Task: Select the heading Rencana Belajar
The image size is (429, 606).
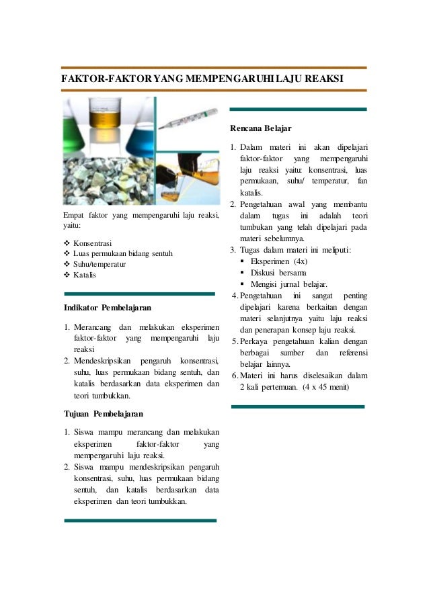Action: click(x=260, y=128)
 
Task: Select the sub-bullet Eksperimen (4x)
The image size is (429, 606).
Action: click(x=278, y=261)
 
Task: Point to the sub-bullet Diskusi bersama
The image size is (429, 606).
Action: click(x=278, y=273)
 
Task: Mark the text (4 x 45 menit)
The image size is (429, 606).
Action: click(x=326, y=388)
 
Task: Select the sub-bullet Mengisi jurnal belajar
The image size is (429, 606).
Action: click(x=288, y=284)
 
